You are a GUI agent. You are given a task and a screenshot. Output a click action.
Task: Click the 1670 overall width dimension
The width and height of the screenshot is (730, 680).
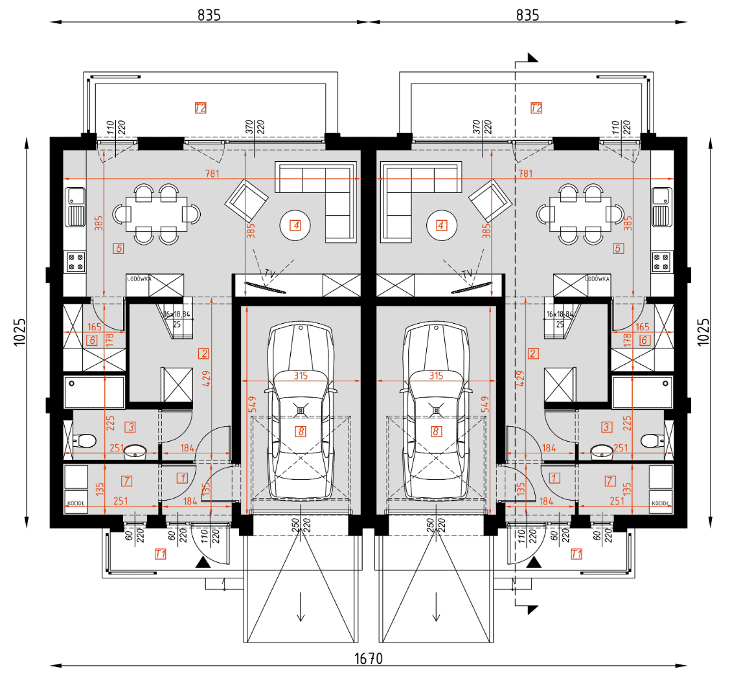368,659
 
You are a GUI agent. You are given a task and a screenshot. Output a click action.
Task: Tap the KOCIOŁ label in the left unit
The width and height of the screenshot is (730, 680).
76,503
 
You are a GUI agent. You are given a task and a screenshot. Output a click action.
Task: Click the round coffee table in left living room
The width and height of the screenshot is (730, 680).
296,225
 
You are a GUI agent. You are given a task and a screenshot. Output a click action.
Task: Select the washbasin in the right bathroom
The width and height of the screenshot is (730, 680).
604,450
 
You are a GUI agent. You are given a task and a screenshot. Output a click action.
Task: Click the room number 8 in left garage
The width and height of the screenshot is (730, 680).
300,431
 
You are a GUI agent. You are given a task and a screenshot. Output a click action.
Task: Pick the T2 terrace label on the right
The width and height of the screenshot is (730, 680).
536,108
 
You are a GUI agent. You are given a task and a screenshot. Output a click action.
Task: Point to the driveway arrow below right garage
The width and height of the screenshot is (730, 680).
436,608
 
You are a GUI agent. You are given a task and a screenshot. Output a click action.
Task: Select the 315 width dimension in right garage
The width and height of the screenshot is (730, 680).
435,375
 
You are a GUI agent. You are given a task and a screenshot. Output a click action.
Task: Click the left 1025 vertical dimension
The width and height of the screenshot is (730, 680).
19,332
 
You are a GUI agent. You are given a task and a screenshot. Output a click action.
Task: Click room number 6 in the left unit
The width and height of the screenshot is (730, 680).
92,341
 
